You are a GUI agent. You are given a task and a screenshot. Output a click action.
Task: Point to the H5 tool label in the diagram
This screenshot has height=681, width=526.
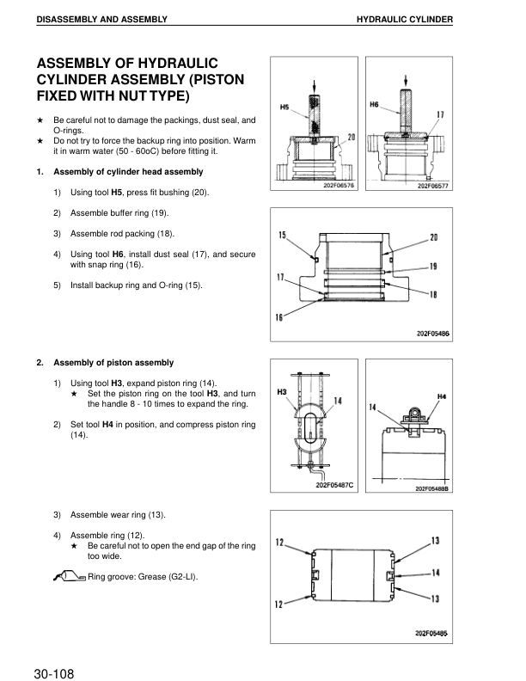click(285, 107)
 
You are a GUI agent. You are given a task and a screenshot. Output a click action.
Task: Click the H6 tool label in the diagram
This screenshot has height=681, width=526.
click(374, 104)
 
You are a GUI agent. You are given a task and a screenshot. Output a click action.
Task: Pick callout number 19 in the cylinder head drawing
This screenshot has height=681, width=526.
click(434, 266)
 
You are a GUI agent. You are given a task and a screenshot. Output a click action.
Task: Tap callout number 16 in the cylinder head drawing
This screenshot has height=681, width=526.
click(278, 318)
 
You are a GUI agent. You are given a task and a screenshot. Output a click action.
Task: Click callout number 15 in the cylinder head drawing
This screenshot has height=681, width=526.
click(282, 235)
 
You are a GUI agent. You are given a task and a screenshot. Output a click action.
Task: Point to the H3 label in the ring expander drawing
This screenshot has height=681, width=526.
click(281, 392)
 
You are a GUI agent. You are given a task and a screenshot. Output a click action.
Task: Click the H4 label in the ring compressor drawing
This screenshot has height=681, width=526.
click(442, 396)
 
